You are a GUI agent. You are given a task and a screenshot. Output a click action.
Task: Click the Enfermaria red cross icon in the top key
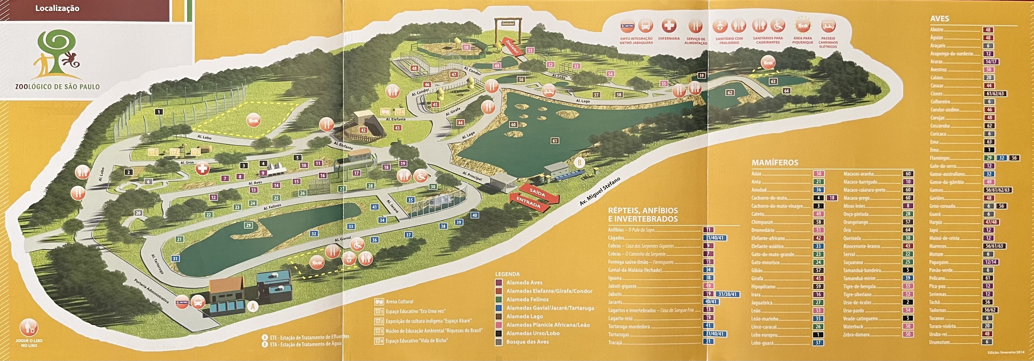[x=669, y=26]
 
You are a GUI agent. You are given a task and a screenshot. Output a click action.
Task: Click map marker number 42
[x=363, y=130]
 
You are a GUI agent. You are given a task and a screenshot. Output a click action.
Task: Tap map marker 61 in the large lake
[x=555, y=141]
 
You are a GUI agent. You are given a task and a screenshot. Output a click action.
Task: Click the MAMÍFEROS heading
[x=775, y=162]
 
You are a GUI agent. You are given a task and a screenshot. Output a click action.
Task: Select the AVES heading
[x=939, y=19]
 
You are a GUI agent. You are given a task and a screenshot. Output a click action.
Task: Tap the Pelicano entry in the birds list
[x=937, y=278]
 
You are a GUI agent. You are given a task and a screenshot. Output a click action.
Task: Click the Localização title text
[x=57, y=8]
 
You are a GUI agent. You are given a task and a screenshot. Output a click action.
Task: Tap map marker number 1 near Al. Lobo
[x=159, y=112]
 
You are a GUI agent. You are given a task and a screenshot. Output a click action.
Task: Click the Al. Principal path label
[x=472, y=176]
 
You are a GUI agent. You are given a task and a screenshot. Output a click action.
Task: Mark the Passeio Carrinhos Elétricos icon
[x=828, y=26]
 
